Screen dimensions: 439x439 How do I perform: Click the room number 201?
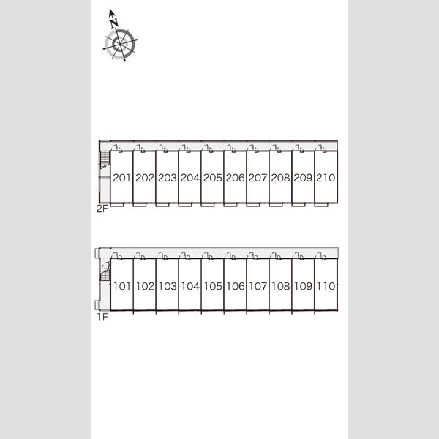121,178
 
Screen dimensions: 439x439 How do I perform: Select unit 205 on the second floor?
212,178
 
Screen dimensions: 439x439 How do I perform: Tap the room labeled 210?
326,178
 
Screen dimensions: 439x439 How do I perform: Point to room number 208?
280,178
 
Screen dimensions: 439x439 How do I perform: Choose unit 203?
167,178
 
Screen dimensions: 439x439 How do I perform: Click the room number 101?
122,286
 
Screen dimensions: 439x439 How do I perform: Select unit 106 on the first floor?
235,286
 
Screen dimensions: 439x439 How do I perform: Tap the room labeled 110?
326,286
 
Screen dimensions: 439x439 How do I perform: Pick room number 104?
190,286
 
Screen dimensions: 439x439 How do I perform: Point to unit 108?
280,286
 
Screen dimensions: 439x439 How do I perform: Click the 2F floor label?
102,209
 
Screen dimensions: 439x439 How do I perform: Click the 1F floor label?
102,318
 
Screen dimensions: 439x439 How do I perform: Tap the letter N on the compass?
114,23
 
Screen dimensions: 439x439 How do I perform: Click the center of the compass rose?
120,44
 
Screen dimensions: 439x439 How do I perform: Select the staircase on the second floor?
105,160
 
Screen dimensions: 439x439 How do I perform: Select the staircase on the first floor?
105,271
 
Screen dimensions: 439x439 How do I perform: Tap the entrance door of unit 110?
320,255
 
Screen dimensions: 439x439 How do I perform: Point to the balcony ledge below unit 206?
230,205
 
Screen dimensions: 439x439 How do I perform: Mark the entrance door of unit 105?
207,255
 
